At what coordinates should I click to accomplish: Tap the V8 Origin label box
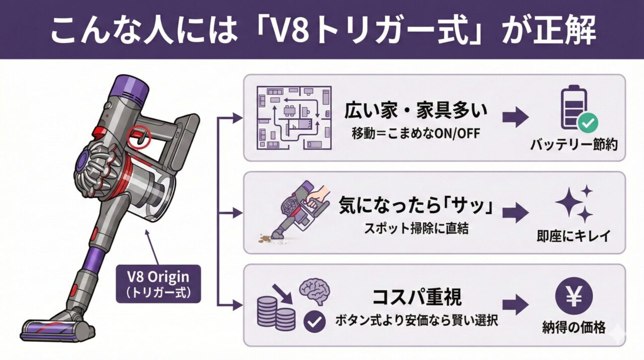[x=158, y=283]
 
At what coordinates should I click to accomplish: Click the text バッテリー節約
[x=574, y=145]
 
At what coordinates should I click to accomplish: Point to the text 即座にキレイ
[x=574, y=235]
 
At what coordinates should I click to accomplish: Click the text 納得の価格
[x=574, y=330]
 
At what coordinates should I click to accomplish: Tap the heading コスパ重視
[x=417, y=297]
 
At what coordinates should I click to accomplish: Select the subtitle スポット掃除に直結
[x=417, y=228]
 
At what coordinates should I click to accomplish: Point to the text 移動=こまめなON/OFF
[x=416, y=133]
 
